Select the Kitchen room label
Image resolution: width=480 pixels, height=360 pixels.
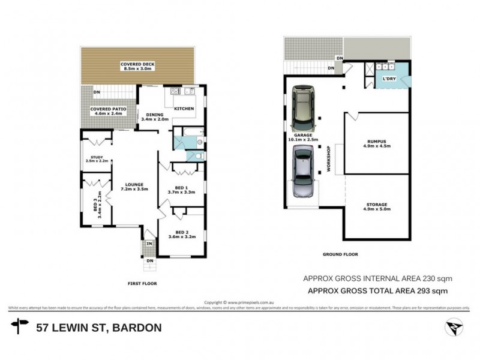click(184, 109)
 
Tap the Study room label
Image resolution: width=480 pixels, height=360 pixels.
click(97, 159)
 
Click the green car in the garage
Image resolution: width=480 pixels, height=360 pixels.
click(303, 109)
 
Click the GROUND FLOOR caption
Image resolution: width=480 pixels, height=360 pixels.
click(340, 254)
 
